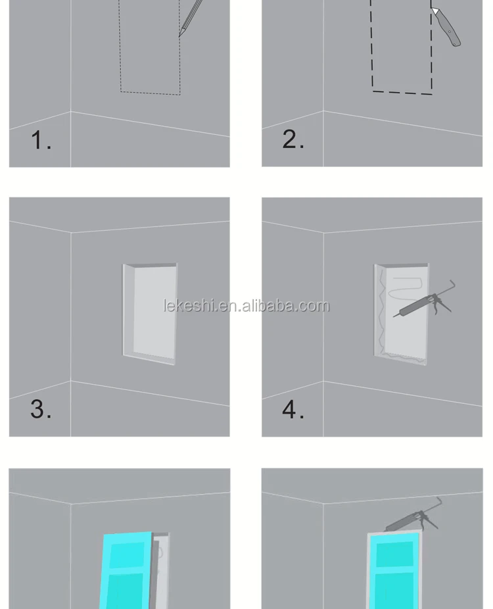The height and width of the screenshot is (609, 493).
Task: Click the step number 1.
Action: (41, 140)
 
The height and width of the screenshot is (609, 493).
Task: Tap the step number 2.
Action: (293, 139)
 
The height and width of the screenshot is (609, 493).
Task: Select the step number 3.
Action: (41, 409)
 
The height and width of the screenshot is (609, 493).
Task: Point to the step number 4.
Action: (293, 409)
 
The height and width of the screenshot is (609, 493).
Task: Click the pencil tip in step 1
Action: (179, 36)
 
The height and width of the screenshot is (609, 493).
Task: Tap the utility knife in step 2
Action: (446, 27)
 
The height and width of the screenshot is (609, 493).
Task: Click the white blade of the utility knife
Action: (435, 11)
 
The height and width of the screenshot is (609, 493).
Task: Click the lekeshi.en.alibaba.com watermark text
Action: (246, 306)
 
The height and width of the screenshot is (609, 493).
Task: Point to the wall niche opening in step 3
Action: (151, 314)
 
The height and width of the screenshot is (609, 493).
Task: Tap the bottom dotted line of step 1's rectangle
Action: (151, 93)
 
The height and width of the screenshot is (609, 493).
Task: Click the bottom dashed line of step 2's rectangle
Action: (402, 93)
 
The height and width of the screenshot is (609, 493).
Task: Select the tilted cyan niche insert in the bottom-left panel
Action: (125, 570)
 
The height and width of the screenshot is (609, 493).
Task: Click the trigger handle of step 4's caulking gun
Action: (442, 305)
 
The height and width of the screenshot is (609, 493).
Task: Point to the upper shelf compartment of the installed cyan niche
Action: (394, 554)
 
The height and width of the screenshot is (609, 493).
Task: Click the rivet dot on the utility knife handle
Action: (450, 32)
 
